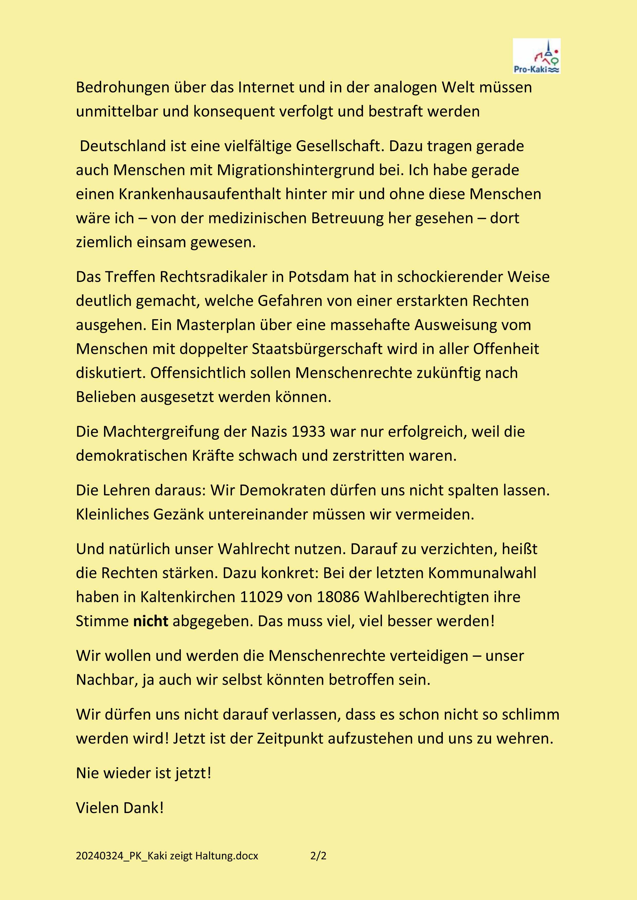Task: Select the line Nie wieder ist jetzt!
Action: [144, 773]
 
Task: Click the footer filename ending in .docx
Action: [167, 856]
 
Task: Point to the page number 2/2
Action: [318, 856]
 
